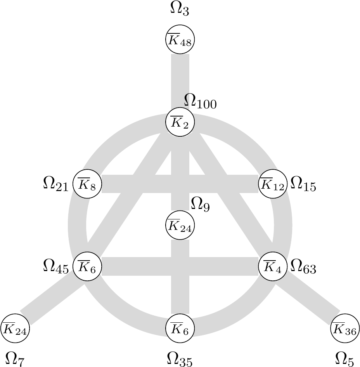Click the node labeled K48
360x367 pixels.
pos(180,39)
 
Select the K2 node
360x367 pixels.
pos(180,122)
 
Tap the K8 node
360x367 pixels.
pos(87,184)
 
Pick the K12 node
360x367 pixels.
pos(273,184)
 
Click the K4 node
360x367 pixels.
pos(273,266)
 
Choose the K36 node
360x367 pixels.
pos(345,329)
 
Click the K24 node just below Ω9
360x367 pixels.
pos(180,225)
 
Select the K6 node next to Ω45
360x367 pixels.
pos(87,266)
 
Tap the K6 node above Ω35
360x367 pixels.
pos(180,329)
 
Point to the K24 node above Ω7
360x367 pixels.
pos(15,329)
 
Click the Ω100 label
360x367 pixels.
pos(200,102)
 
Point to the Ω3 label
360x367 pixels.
pos(180,9)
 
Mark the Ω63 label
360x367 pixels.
pos(303,267)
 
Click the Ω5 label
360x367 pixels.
pos(344,359)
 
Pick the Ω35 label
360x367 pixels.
pos(180,359)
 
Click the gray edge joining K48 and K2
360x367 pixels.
pos(180,81)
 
